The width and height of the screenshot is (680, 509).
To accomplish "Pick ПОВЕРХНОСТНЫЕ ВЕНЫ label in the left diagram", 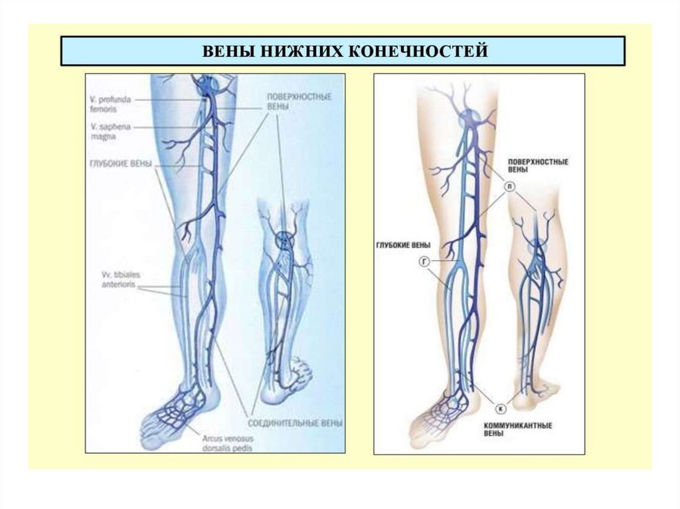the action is pyautogui.click(x=294, y=101).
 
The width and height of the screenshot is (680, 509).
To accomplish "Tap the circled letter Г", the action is pyautogui.click(x=424, y=263).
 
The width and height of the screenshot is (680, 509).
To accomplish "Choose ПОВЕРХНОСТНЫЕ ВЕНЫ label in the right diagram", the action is pyautogui.click(x=536, y=166).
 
